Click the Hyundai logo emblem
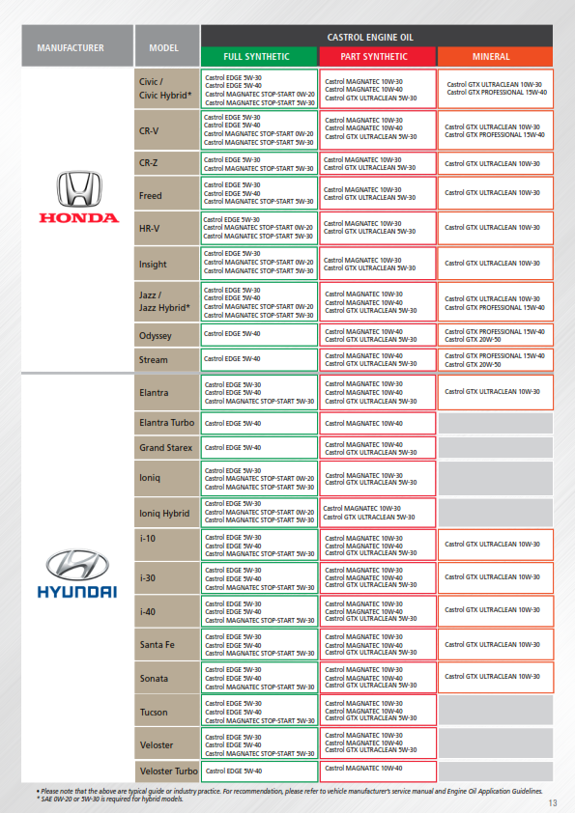click(77, 565)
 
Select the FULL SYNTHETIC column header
click(257, 57)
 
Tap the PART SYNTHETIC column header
click(377, 57)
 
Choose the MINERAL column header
click(495, 57)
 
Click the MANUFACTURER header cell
click(70, 47)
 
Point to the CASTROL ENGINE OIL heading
click(377, 36)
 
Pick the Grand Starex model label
click(166, 448)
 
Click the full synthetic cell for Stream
click(258, 359)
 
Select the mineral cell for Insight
click(495, 263)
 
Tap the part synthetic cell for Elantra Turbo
click(377, 423)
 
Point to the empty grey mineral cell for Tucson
click(495, 711)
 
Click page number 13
click(553, 802)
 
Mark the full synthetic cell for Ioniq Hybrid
click(258, 512)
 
